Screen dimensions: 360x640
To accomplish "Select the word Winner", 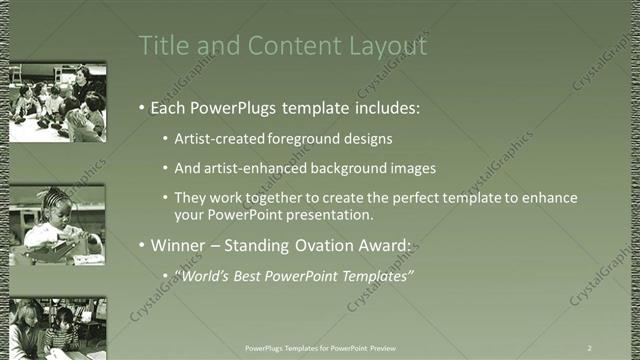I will pyautogui.click(x=179, y=245).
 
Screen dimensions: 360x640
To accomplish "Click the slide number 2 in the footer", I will pyautogui.click(x=590, y=347).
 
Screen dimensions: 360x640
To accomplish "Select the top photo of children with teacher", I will pyautogui.click(x=57, y=103).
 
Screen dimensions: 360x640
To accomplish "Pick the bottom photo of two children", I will pyautogui.click(x=57, y=328).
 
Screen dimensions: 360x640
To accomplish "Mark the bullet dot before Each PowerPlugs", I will pyautogui.click(x=143, y=106).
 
